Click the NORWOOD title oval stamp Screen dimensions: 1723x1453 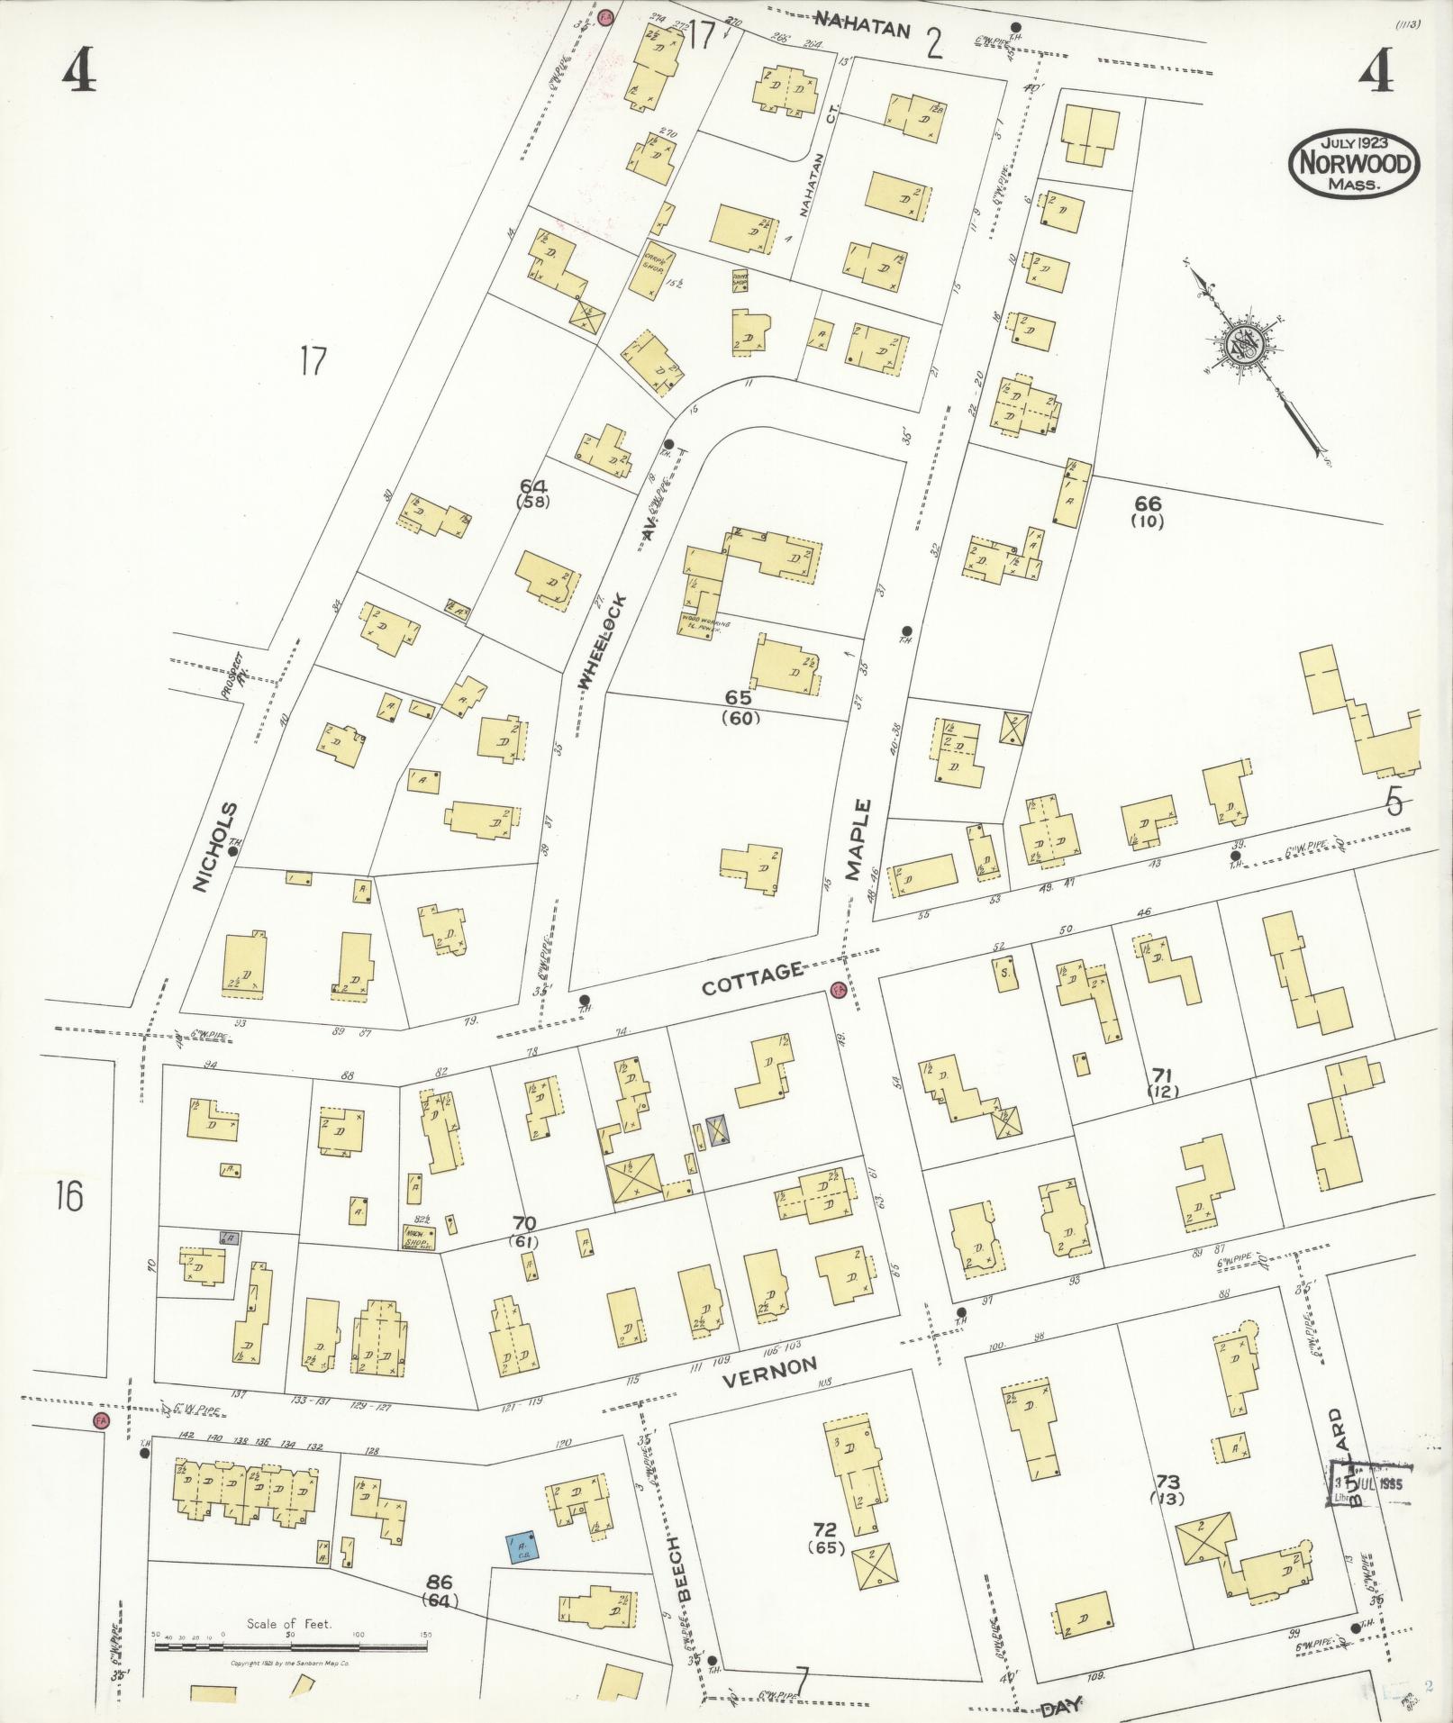pyautogui.click(x=1354, y=164)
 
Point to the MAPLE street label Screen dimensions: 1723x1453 pyautogui.click(x=858, y=839)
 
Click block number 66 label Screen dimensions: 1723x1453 pyautogui.click(x=1148, y=504)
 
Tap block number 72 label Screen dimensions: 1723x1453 pyautogui.click(x=824, y=1529)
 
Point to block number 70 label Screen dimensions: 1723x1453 pyautogui.click(x=524, y=1223)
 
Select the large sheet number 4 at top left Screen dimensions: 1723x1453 pyautogui.click(x=78, y=70)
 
